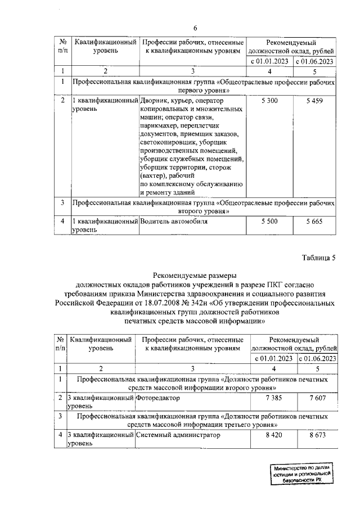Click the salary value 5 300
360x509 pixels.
[x=269, y=100]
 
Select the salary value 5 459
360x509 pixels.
[x=315, y=100]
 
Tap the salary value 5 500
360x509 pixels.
[x=269, y=222]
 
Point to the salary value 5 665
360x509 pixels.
[x=315, y=222]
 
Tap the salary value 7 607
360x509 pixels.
[x=317, y=398]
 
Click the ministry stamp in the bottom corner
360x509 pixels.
[x=302, y=476]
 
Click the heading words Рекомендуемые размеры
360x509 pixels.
[x=195, y=276]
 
